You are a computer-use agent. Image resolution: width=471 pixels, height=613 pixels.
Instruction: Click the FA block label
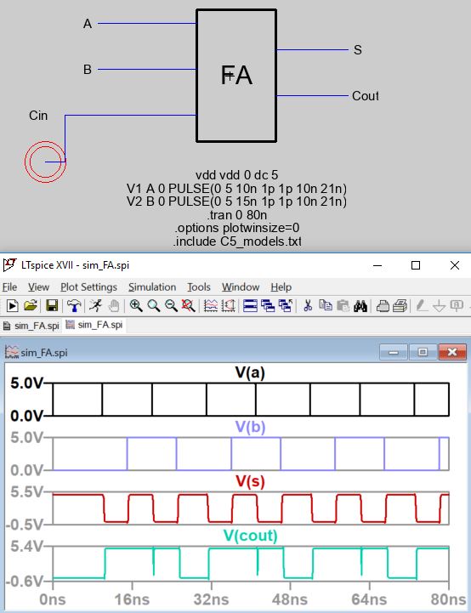[x=236, y=75]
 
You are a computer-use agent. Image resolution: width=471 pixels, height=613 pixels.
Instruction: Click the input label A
[x=88, y=24]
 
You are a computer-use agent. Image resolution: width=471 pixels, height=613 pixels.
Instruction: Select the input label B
[x=88, y=69]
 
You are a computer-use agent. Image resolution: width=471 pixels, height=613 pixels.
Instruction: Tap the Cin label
[x=38, y=116]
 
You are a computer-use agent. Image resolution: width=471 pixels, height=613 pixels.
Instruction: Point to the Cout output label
[x=365, y=96]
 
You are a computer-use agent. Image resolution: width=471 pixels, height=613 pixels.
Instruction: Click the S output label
[x=358, y=49]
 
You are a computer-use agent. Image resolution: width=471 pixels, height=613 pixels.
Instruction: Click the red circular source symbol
[x=45, y=162]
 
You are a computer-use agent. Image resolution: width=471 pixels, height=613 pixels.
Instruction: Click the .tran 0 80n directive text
[x=237, y=214]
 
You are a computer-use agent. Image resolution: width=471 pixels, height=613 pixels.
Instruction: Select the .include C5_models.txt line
[x=237, y=241]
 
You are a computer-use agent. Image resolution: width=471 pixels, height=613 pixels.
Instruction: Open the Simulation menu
[x=152, y=287]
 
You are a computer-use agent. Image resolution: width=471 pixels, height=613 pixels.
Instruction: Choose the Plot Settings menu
[x=88, y=287]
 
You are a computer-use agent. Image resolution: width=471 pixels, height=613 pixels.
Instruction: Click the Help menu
[x=281, y=287]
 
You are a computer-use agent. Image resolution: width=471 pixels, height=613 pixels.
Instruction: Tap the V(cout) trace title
[x=250, y=535]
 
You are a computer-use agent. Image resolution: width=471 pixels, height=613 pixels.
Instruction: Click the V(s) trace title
[x=250, y=481]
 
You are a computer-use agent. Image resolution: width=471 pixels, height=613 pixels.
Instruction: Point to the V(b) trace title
[x=250, y=427]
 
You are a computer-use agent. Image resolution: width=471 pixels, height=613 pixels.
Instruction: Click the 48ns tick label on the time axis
[x=290, y=599]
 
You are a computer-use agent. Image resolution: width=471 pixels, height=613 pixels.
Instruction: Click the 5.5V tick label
[x=26, y=491]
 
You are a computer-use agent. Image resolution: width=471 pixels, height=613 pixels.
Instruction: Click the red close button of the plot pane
[x=452, y=352]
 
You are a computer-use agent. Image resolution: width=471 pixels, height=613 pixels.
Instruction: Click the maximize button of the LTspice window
[x=416, y=265]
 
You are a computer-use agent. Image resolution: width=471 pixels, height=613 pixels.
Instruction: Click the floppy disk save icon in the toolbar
[x=52, y=305]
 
